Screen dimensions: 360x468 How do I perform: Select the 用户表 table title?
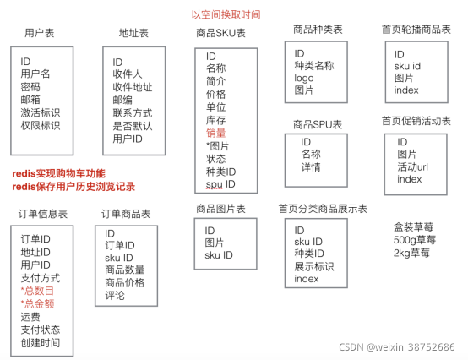pyautogui.click(x=41, y=33)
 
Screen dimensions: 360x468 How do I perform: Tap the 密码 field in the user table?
pyautogui.click(x=30, y=87)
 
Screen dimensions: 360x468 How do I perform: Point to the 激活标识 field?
pyautogui.click(x=41, y=112)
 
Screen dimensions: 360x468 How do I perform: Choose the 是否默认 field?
pyautogui.click(x=133, y=126)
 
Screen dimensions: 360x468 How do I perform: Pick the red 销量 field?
pyautogui.click(x=216, y=132)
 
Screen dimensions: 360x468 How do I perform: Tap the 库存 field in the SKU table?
pyautogui.click(x=215, y=119)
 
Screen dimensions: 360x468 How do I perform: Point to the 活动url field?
pyautogui.click(x=414, y=166)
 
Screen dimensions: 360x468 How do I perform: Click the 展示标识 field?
pyautogui.click(x=314, y=267)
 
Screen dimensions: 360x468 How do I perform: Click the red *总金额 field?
pyautogui.click(x=39, y=304)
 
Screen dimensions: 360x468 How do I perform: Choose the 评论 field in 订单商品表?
pyautogui.click(x=115, y=296)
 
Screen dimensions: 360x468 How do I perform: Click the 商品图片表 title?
pyautogui.click(x=220, y=208)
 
